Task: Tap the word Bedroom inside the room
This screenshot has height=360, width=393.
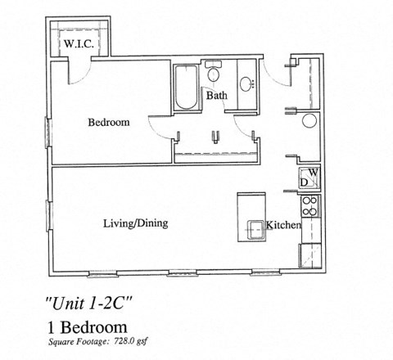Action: (x=109, y=123)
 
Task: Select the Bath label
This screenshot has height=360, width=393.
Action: (x=216, y=97)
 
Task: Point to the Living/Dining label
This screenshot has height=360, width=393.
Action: (x=136, y=223)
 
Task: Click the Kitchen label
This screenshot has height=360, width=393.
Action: (x=282, y=225)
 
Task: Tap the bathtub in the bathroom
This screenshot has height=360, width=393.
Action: (x=183, y=88)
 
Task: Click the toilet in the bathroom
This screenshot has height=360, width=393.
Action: (x=214, y=74)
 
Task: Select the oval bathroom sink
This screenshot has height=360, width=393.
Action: (x=247, y=82)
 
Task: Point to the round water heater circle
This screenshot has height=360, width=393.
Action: (x=309, y=123)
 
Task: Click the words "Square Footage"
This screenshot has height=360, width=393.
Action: (x=78, y=342)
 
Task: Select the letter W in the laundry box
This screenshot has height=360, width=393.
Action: (x=313, y=173)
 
